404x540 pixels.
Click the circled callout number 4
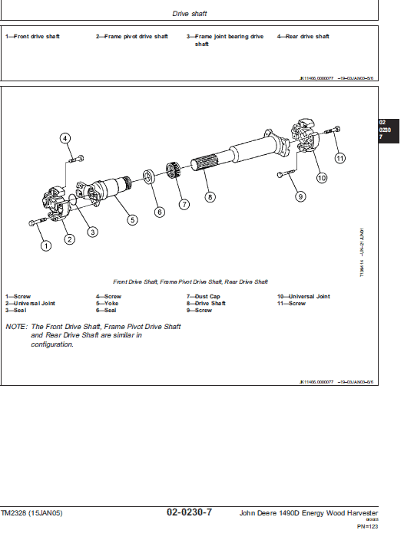[65, 138]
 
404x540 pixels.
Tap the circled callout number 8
[210, 196]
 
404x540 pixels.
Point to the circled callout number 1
[45, 245]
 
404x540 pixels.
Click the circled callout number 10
[321, 177]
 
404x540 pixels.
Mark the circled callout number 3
[91, 232]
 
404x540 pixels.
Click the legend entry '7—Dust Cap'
[203, 296]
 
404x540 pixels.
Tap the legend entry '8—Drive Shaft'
[206, 303]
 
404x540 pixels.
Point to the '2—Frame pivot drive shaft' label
[131, 37]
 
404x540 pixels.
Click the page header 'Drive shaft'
[189, 13]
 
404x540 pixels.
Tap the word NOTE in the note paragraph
[16, 327]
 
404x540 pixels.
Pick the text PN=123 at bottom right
[367, 527]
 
